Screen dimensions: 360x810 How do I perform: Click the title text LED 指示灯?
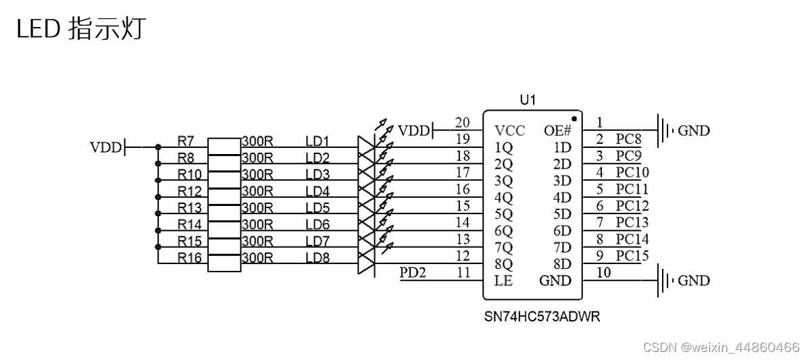coord(80,30)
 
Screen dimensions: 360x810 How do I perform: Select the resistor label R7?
coord(186,141)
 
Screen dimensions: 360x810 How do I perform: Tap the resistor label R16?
coord(189,257)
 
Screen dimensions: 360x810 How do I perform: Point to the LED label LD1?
coord(317,141)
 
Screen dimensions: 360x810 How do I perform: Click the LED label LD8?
coord(317,257)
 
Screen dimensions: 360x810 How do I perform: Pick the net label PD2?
coord(413,273)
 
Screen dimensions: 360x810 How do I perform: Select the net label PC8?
coord(628,139)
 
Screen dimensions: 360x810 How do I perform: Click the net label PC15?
coord(632,256)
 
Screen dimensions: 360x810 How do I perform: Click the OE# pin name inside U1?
coord(558,130)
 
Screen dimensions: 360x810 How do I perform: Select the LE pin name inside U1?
coord(503,281)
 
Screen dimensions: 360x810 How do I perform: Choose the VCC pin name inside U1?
coord(509,130)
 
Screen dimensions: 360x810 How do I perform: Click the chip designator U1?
coord(528,100)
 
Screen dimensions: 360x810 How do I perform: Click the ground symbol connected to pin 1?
coord(665,130)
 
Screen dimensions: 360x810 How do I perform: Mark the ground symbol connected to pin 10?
coord(665,280)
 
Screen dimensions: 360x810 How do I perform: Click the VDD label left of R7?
coord(105,147)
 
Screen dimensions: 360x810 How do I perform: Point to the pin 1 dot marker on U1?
coord(574,118)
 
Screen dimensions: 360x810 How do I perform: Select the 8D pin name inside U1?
coord(562,264)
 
